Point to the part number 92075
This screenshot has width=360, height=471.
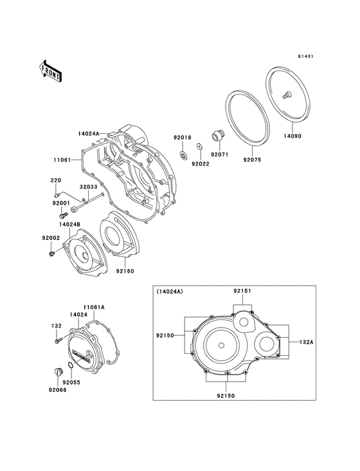252,160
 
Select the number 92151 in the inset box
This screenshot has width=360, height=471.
242,291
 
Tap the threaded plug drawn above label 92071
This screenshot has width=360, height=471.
217,137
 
